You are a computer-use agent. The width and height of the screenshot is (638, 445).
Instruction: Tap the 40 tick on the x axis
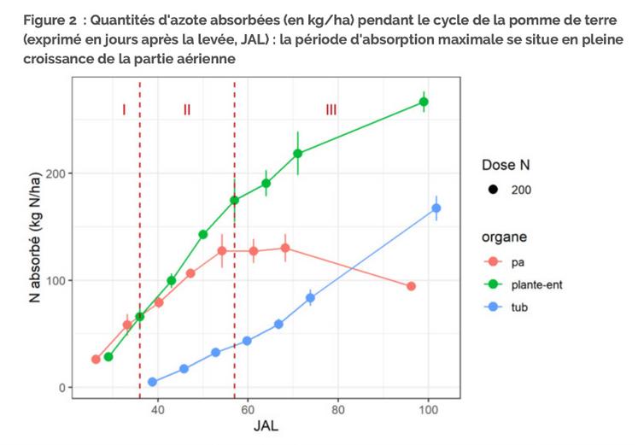point(157,409)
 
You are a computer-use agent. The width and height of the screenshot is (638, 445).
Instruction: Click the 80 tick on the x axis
point(338,409)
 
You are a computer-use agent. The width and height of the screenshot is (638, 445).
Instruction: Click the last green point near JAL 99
point(424,102)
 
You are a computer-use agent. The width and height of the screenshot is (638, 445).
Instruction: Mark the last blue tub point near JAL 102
point(436,208)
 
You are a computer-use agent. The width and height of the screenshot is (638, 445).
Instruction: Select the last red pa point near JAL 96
point(411,286)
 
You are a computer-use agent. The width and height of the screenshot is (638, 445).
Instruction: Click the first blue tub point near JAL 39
point(152,382)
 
